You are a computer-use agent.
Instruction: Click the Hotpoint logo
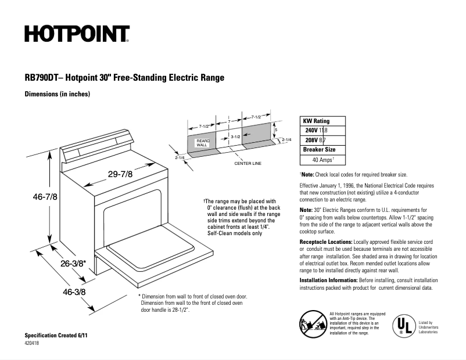tap(77, 34)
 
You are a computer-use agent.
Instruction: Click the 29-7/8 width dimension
tap(120, 174)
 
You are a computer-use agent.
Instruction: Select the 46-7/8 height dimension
tap(45, 197)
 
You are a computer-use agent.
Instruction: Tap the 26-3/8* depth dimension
tap(73, 263)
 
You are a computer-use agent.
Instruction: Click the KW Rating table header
tap(317, 121)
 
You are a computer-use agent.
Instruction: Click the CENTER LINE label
tap(248, 163)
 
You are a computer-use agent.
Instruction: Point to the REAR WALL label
tap(202, 142)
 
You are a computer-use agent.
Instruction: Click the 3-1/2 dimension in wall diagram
tap(235, 136)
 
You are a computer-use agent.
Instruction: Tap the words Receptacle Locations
tap(325, 241)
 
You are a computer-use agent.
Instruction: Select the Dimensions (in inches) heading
tap(57, 94)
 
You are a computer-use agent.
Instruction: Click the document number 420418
tap(33, 344)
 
